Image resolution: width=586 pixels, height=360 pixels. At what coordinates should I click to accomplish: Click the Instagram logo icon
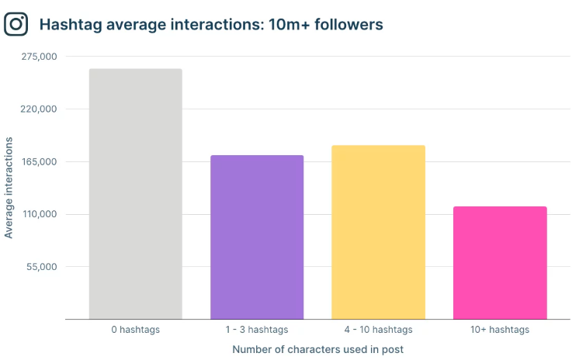pos(16,24)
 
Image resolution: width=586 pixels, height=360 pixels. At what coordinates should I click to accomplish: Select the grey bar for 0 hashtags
pos(135,194)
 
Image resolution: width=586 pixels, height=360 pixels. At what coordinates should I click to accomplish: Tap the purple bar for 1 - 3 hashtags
pos(257,237)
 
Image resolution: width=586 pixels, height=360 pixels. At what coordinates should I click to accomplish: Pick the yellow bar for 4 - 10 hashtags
pos(378,232)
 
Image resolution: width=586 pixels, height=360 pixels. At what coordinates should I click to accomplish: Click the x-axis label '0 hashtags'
pos(135,330)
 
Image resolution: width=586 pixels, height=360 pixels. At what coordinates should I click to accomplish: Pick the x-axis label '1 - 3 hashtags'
pos(257,330)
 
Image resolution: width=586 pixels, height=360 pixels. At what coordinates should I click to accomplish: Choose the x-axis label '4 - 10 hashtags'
pos(378,330)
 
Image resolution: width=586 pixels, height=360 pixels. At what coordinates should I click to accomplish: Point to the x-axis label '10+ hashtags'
pos(500,330)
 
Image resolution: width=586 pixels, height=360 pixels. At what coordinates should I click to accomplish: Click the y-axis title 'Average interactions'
pos(9,188)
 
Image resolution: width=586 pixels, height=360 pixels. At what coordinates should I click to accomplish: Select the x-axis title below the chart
pos(317,349)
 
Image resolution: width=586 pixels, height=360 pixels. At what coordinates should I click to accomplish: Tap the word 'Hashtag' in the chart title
pos(71,25)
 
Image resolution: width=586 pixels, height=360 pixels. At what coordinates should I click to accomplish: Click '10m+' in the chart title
pos(283,25)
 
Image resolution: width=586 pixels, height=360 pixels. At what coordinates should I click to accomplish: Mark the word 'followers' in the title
pos(346,25)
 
